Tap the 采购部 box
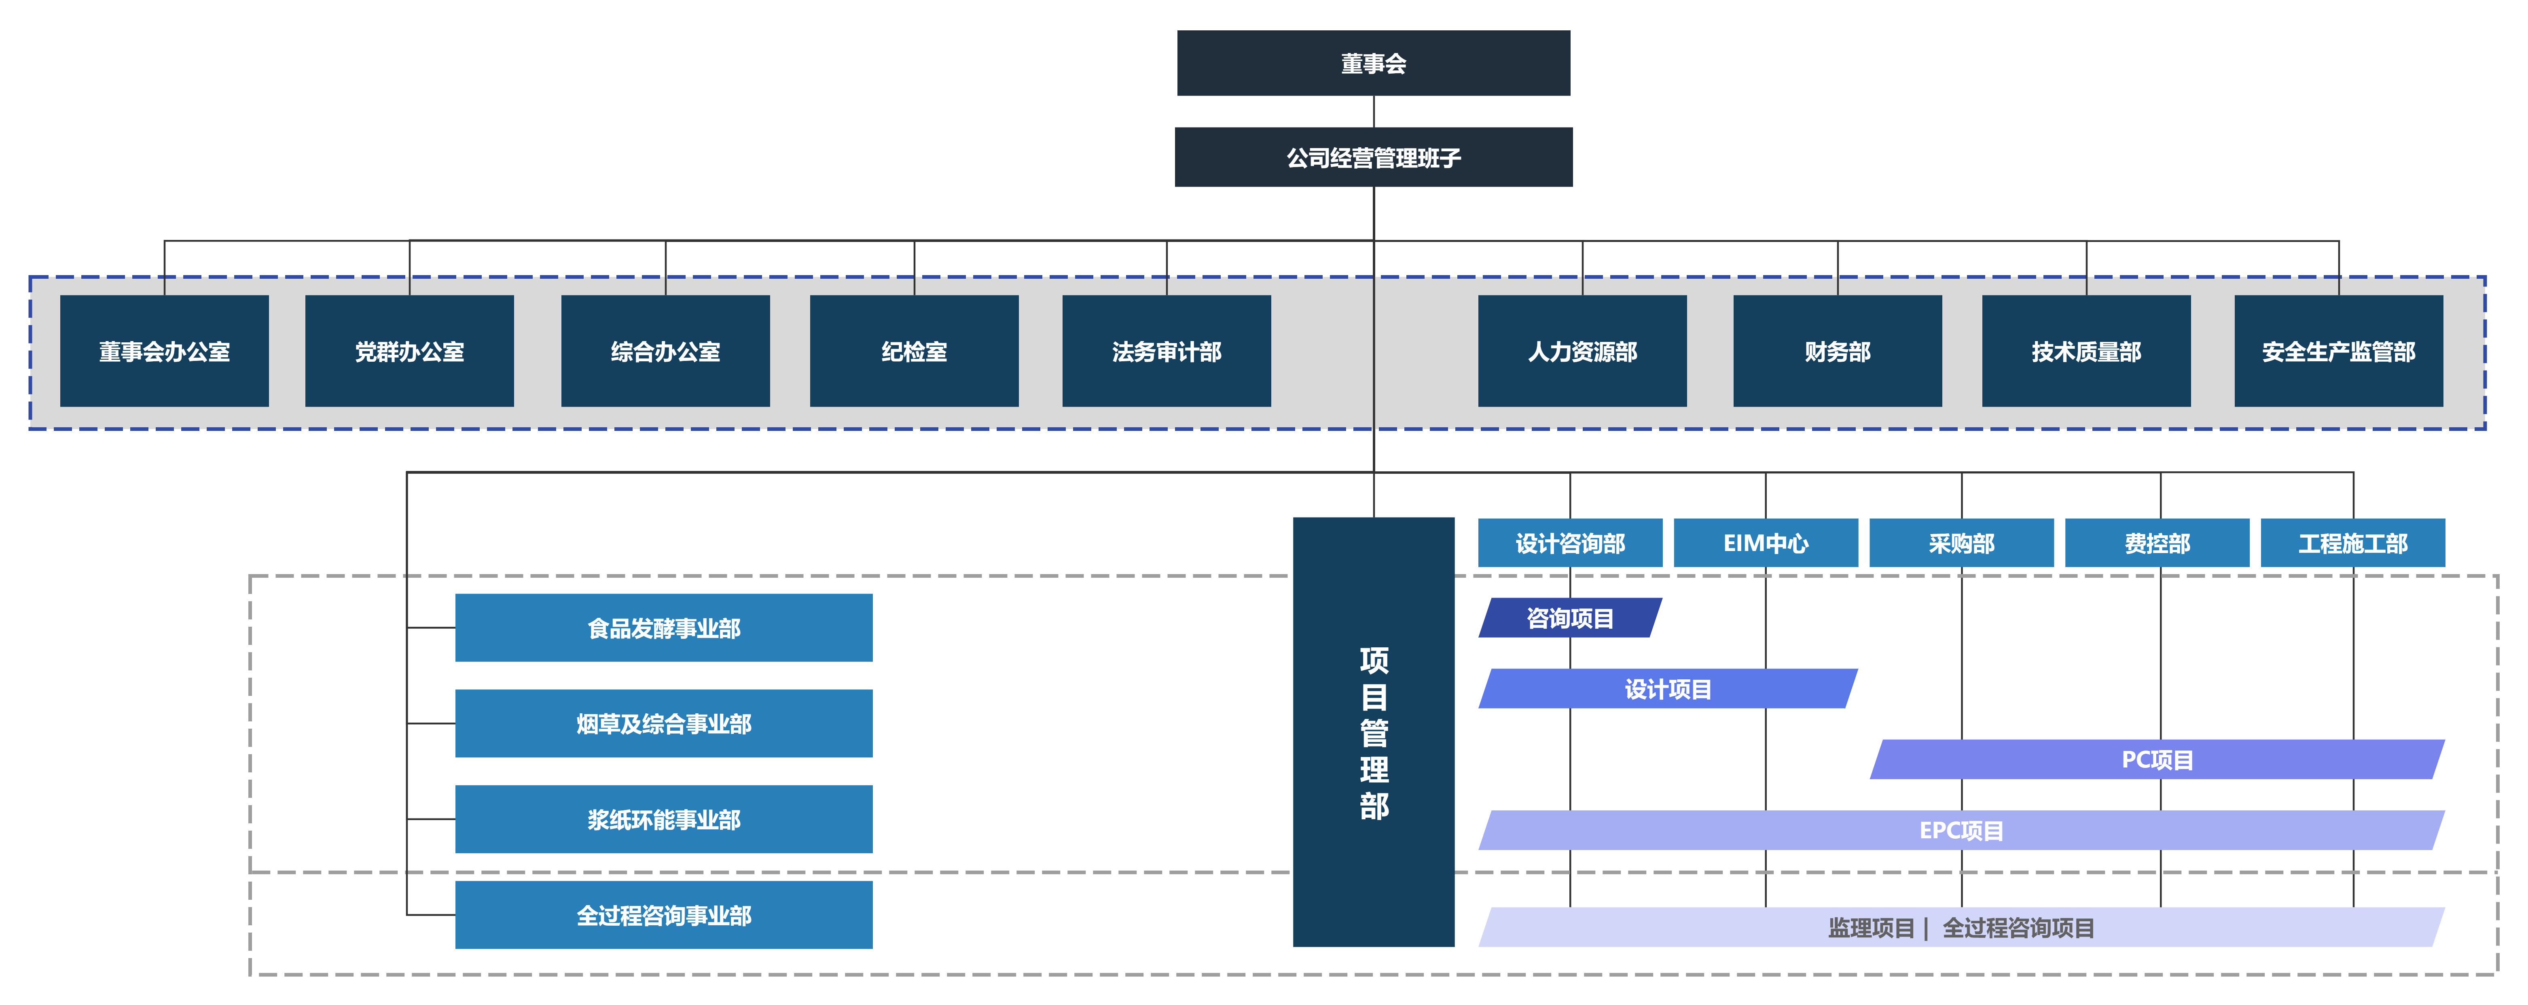click(1961, 543)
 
